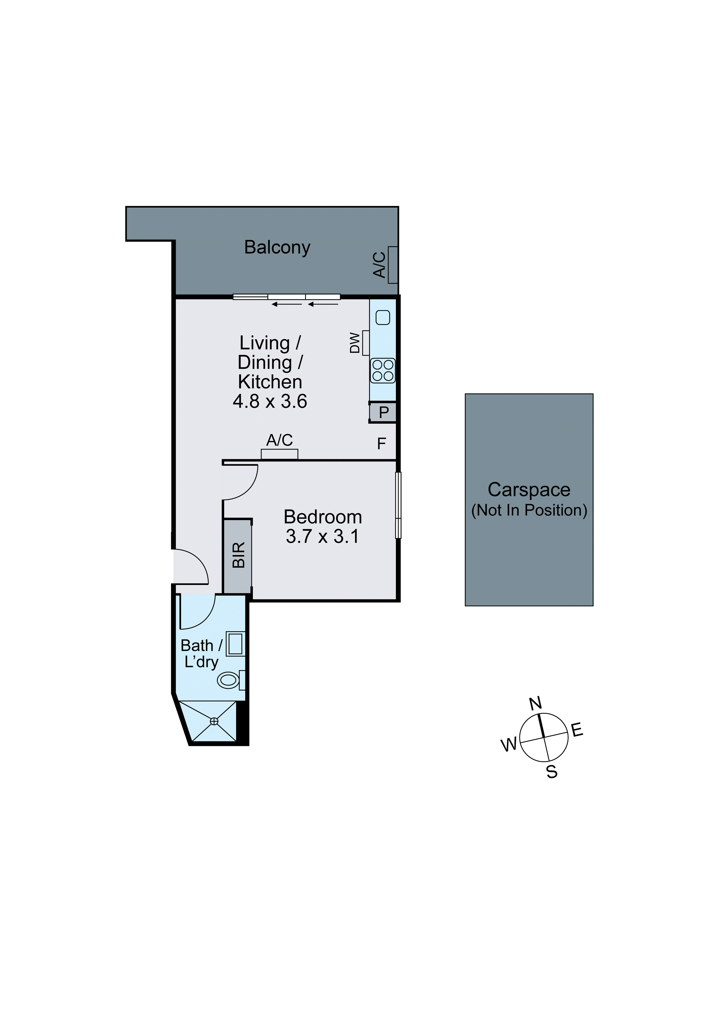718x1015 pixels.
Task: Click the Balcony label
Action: (x=277, y=248)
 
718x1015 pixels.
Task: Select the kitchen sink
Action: (x=383, y=317)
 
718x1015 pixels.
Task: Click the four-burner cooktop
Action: (x=383, y=371)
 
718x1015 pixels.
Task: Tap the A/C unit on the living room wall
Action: (x=279, y=454)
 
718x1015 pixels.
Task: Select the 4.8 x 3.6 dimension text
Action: (x=270, y=401)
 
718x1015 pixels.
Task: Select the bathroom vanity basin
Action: (x=235, y=644)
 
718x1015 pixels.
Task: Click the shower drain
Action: (x=214, y=721)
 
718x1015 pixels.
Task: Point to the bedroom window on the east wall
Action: (x=398, y=505)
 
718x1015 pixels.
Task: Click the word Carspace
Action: (x=529, y=490)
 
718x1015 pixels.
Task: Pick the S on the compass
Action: (x=552, y=772)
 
